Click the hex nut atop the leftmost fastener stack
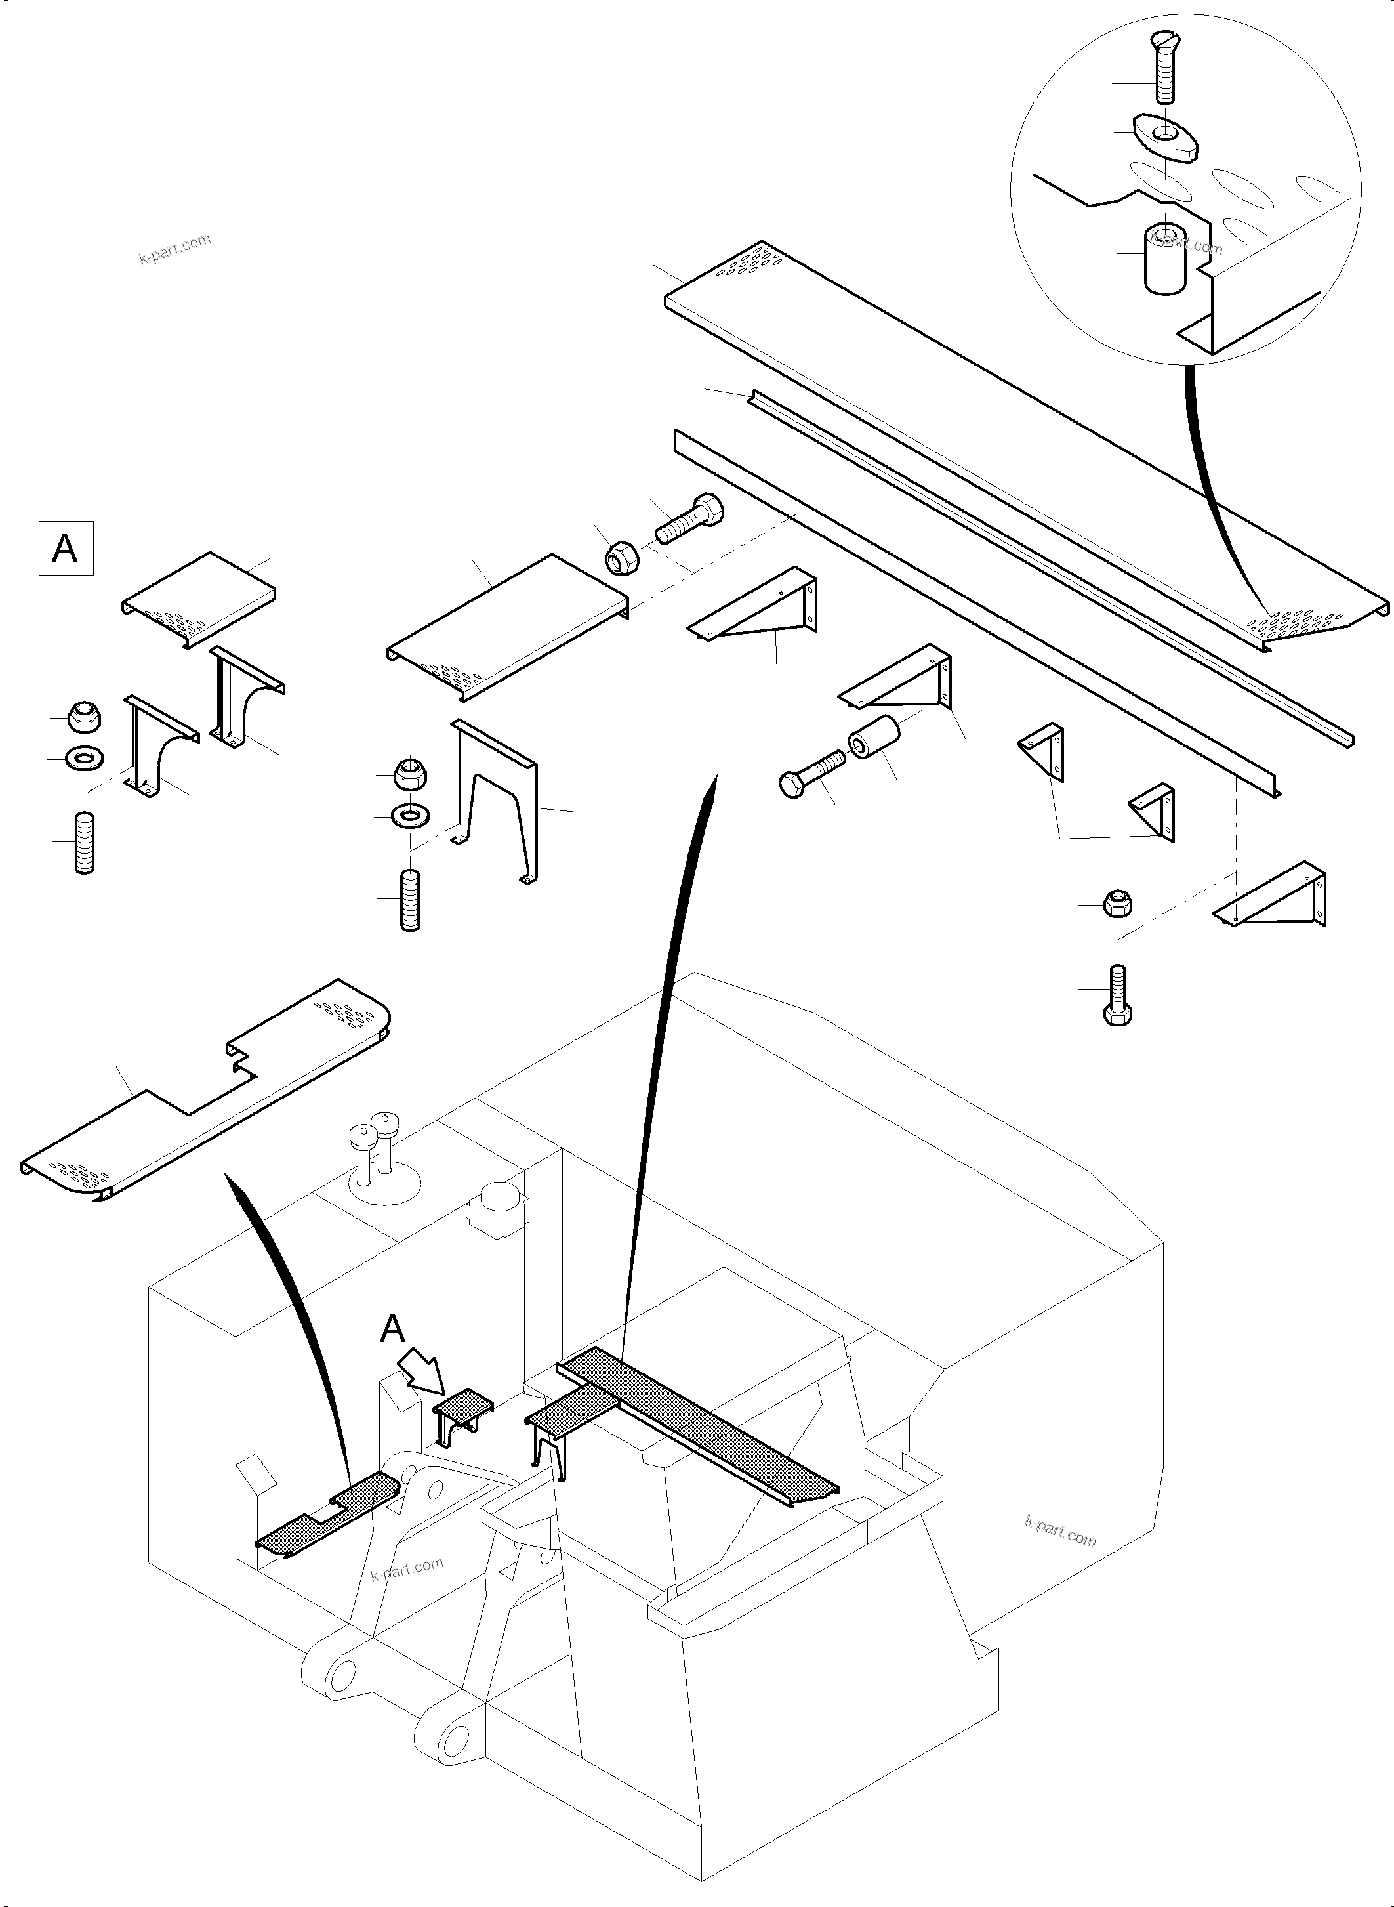(83, 717)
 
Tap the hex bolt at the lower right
(1117, 995)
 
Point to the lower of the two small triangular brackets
(1153, 814)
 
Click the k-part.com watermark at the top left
(174, 248)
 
